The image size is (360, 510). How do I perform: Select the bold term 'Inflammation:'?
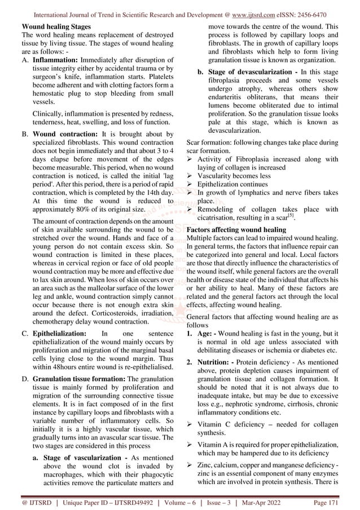click(x=58, y=58)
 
